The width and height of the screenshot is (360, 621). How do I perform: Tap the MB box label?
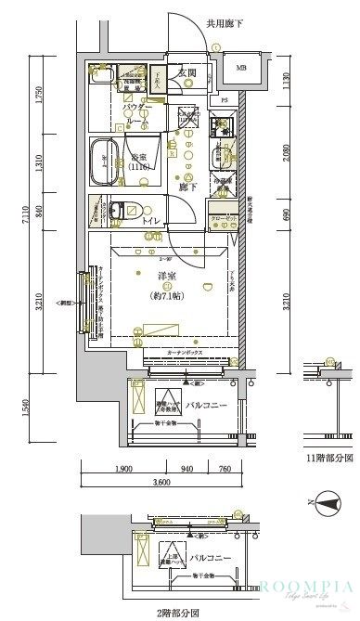point(241,68)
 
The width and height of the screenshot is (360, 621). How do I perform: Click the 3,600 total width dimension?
point(161,483)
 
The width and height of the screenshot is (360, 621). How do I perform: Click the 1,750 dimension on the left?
point(38,97)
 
